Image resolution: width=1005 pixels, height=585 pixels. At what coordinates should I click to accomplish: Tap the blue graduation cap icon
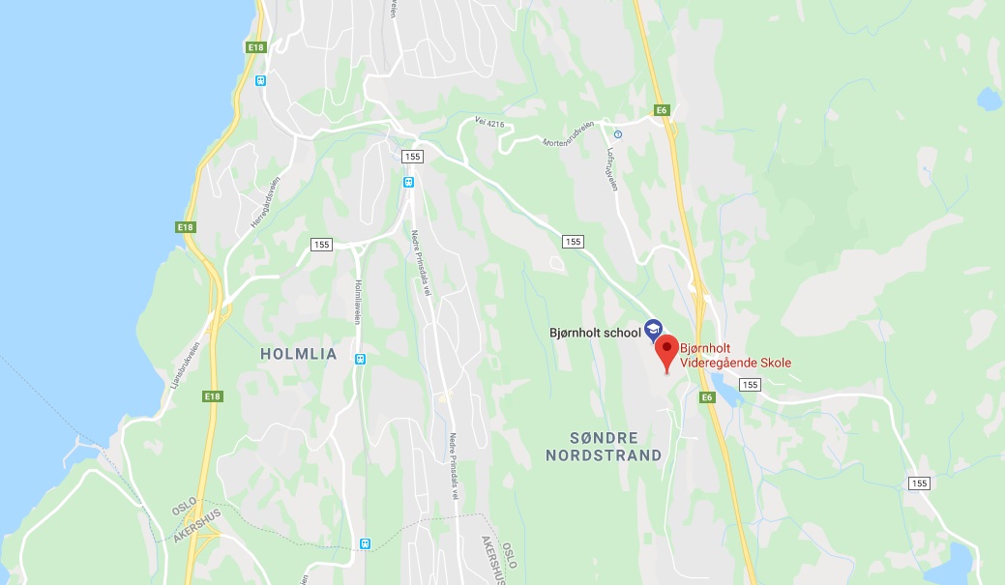coord(653,328)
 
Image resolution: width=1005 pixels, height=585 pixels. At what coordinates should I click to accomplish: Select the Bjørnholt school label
coord(594,334)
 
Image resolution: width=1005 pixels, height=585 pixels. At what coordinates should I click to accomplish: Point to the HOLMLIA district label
coord(299,354)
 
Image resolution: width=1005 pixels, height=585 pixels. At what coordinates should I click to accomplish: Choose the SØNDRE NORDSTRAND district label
coord(604,446)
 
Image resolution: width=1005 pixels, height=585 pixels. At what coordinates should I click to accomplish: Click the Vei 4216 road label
coord(491,123)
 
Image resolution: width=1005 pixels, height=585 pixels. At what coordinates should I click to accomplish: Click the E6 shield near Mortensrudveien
coord(662,110)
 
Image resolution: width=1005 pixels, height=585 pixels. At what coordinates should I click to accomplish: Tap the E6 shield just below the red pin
coord(707,397)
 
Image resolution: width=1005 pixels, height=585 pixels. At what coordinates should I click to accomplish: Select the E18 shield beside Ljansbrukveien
coord(213,396)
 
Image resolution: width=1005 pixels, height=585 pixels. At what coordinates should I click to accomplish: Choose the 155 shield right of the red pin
coord(752,385)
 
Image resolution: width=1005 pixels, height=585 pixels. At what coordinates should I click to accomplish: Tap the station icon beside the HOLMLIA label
coord(361,359)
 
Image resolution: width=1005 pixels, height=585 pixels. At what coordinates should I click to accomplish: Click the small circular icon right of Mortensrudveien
coord(618,134)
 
